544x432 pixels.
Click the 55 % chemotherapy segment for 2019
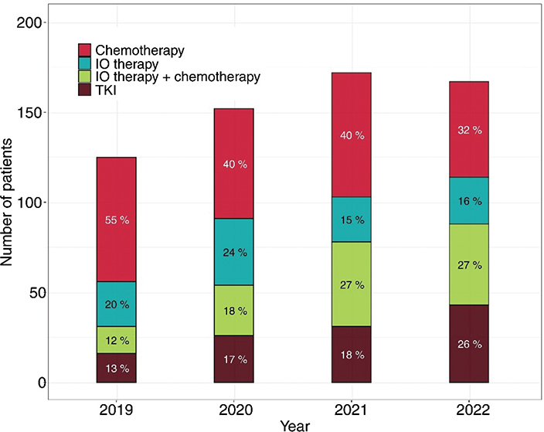(x=116, y=219)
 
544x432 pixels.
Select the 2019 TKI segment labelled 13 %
(x=116, y=368)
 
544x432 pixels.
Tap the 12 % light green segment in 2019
(x=116, y=340)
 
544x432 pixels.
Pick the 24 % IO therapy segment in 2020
(x=234, y=252)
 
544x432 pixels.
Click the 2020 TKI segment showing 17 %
(x=234, y=359)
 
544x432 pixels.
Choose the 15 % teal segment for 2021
(x=352, y=219)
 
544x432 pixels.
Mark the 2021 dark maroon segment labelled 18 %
(x=352, y=355)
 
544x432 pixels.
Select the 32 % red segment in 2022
(x=469, y=129)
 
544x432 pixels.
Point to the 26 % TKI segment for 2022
(x=469, y=344)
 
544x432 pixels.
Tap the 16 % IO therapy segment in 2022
(x=469, y=201)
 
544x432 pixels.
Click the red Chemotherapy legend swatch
(x=85, y=50)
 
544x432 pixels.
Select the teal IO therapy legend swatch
(x=85, y=63)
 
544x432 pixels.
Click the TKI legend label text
(x=106, y=90)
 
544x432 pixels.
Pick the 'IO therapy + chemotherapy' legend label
(x=178, y=77)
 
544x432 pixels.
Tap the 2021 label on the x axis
(x=351, y=410)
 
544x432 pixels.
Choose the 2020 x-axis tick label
(x=236, y=410)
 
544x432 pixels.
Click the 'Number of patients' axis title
(x=7, y=202)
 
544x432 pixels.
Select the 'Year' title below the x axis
(x=295, y=426)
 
